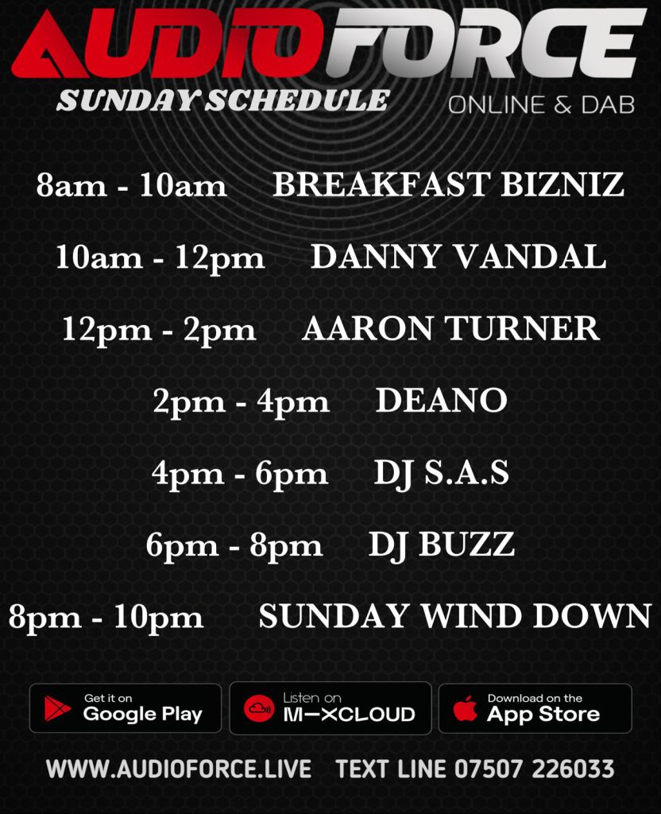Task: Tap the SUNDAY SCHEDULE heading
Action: tap(223, 100)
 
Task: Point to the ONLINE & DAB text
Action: tap(541, 105)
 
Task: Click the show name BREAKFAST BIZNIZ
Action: tap(448, 184)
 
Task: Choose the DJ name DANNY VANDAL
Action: tap(458, 257)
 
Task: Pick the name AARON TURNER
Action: tap(450, 328)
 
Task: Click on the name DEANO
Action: tap(441, 401)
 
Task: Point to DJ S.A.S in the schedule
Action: tap(442, 474)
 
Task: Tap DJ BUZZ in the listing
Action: tap(442, 545)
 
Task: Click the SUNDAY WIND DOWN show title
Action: tap(455, 616)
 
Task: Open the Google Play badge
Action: tap(126, 708)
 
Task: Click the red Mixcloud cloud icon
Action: tap(258, 708)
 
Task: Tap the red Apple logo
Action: tap(465, 708)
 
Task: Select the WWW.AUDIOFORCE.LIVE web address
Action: tap(179, 769)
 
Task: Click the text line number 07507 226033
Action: tap(535, 769)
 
